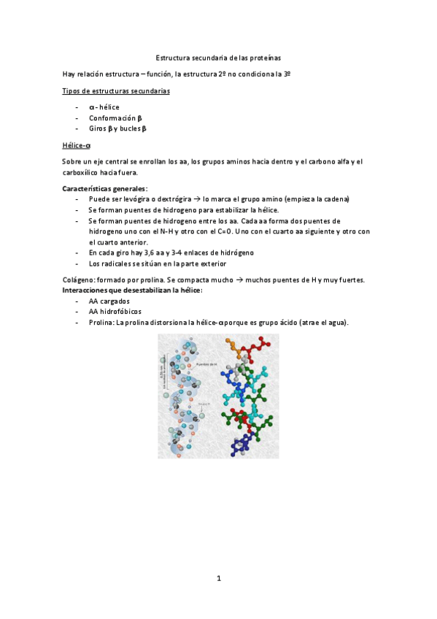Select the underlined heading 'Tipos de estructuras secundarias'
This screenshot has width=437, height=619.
pyautogui.click(x=117, y=91)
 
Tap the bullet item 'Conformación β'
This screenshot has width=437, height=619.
pyautogui.click(x=115, y=118)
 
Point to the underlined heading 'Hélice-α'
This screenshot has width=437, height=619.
pyautogui.click(x=77, y=145)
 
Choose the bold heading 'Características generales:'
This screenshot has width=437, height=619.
pyautogui.click(x=105, y=189)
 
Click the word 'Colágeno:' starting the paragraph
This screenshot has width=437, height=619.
pyautogui.click(x=79, y=280)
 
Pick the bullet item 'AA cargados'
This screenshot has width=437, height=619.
pyautogui.click(x=109, y=301)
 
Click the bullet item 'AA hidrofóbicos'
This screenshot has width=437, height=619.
pyautogui.click(x=117, y=312)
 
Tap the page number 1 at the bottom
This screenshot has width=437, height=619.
pyautogui.click(x=218, y=578)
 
